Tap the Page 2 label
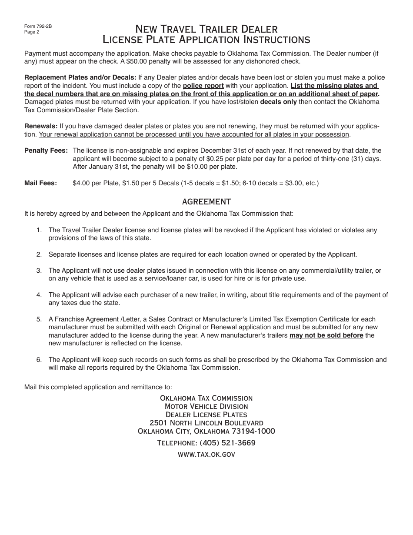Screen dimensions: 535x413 pyautogui.click(x=32, y=32)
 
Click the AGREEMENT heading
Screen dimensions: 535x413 pyautogui.click(x=206, y=201)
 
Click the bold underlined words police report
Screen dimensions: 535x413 pyautogui.click(x=203, y=86)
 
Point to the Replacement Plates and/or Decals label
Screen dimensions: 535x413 pyautogui.click(x=80, y=77)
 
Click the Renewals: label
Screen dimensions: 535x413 pyautogui.click(x=41, y=126)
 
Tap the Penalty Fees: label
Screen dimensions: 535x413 pyautogui.click(x=46, y=150)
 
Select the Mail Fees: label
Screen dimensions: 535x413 pyautogui.click(x=40, y=183)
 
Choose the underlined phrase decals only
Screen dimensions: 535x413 pyautogui.click(x=278, y=102)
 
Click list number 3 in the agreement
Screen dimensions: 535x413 pyautogui.click(x=39, y=271)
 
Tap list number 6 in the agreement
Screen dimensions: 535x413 pyautogui.click(x=39, y=360)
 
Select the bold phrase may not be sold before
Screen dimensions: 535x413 pyautogui.click(x=326, y=335)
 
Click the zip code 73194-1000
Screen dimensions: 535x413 pyautogui.click(x=253, y=431)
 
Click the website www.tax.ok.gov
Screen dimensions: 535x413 pyautogui.click(x=206, y=454)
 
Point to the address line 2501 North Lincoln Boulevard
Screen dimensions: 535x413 pyautogui.click(x=206, y=423)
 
